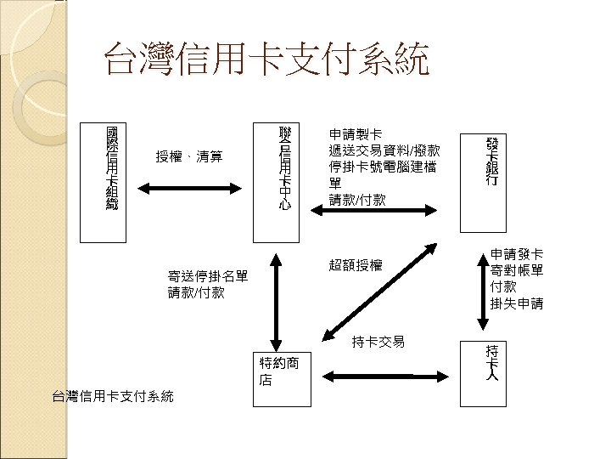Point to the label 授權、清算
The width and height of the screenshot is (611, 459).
coord(189,156)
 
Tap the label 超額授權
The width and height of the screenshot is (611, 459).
coord(356,265)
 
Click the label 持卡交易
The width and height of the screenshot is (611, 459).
coord(378,342)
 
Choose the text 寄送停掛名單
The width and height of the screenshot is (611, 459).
coord(208,276)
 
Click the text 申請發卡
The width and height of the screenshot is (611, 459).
coord(517,253)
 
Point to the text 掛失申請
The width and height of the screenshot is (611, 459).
coord(517,303)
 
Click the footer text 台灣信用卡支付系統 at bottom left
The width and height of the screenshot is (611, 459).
coord(112,396)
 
